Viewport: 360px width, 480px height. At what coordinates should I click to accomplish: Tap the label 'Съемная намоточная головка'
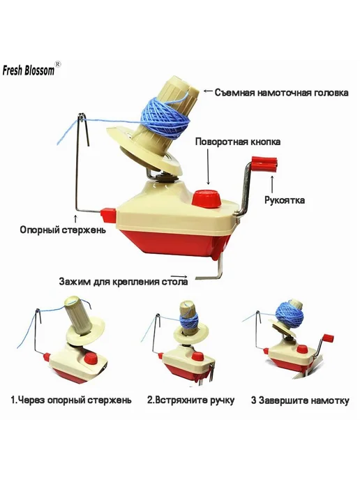pyautogui.click(x=281, y=92)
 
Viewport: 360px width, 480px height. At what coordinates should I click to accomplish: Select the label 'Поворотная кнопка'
pyautogui.click(x=237, y=142)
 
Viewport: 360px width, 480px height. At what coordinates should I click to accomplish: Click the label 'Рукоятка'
pyautogui.click(x=285, y=200)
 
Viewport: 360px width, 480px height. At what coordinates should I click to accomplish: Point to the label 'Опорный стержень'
pyautogui.click(x=63, y=230)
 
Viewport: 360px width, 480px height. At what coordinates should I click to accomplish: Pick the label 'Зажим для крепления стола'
pyautogui.click(x=123, y=281)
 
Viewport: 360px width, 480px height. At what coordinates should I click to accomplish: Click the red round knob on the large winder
pyautogui.click(x=207, y=197)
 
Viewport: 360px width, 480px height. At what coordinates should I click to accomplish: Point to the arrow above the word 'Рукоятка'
pyautogui.click(x=272, y=183)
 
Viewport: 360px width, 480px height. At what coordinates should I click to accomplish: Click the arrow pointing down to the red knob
pyautogui.click(x=209, y=167)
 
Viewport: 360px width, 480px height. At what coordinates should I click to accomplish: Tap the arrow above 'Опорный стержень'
pyautogui.click(x=76, y=218)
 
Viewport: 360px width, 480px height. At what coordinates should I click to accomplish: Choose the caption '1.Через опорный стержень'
pyautogui.click(x=71, y=400)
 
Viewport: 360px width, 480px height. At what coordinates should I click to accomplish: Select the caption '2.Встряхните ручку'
pyautogui.click(x=191, y=400)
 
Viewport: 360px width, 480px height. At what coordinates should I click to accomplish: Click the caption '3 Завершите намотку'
pyautogui.click(x=300, y=400)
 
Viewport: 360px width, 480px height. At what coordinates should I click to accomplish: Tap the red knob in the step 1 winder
pyautogui.click(x=90, y=359)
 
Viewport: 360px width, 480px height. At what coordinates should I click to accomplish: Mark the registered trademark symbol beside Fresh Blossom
pyautogui.click(x=57, y=63)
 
